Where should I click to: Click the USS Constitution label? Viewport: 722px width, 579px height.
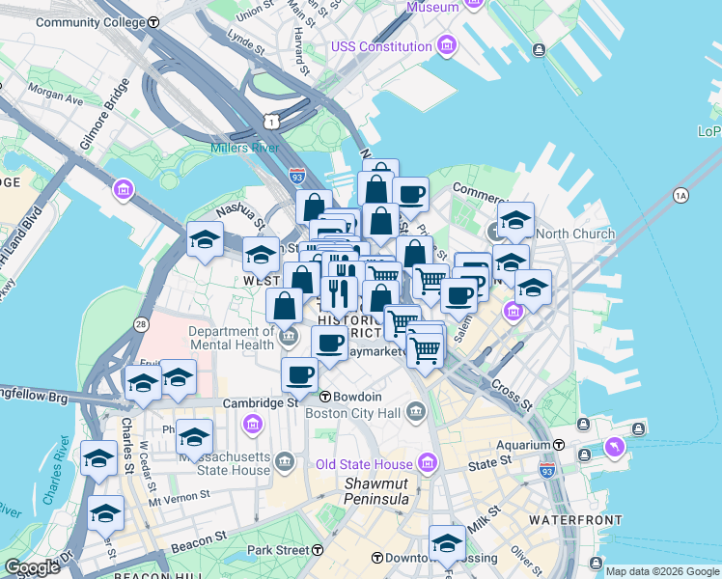point(381,46)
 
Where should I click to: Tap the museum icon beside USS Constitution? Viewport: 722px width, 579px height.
point(446,45)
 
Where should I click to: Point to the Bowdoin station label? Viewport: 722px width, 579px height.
point(358,397)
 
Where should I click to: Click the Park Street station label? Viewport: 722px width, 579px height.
point(278,550)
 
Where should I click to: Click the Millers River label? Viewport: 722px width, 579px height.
point(245,148)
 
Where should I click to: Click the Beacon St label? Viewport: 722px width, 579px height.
point(199,540)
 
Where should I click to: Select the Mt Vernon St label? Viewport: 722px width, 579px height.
point(179,497)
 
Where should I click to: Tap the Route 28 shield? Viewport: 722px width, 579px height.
point(141,324)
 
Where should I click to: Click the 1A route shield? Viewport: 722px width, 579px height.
point(681,196)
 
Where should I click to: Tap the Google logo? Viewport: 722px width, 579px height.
point(31,567)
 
